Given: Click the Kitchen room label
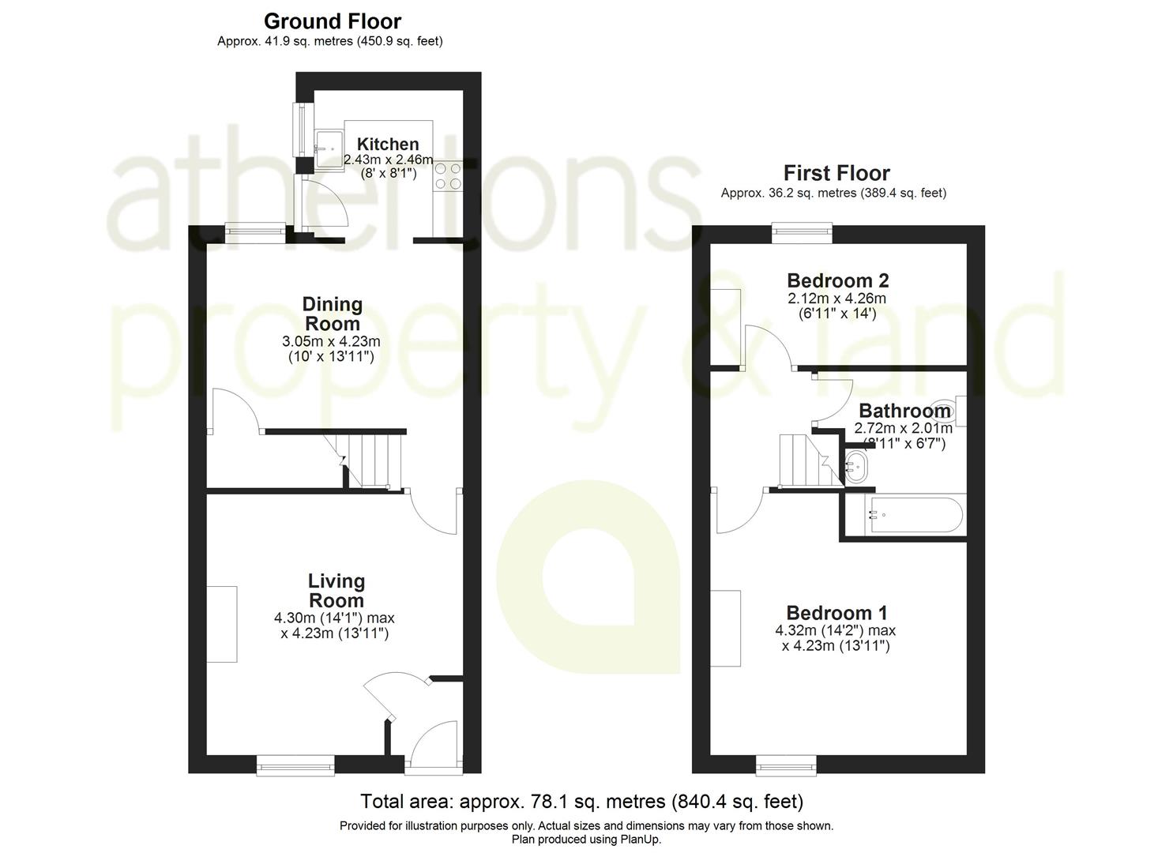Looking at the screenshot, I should tap(388, 145).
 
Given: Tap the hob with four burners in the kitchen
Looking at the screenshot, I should tap(448, 175).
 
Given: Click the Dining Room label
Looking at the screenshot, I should tap(333, 314).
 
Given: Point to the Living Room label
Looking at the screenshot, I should tap(336, 591).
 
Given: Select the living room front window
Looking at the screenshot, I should tap(295, 764).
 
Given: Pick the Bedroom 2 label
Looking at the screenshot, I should tap(838, 280).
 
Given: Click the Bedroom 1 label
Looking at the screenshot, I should tap(837, 613).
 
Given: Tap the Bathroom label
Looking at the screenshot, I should tap(904, 411).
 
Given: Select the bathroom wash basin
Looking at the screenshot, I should tap(856, 465).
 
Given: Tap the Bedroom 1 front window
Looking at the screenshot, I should tap(786, 764).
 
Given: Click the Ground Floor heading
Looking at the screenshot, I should tap(333, 21).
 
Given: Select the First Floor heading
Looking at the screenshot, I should tap(837, 173).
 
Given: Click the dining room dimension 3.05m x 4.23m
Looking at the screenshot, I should tap(332, 342).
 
